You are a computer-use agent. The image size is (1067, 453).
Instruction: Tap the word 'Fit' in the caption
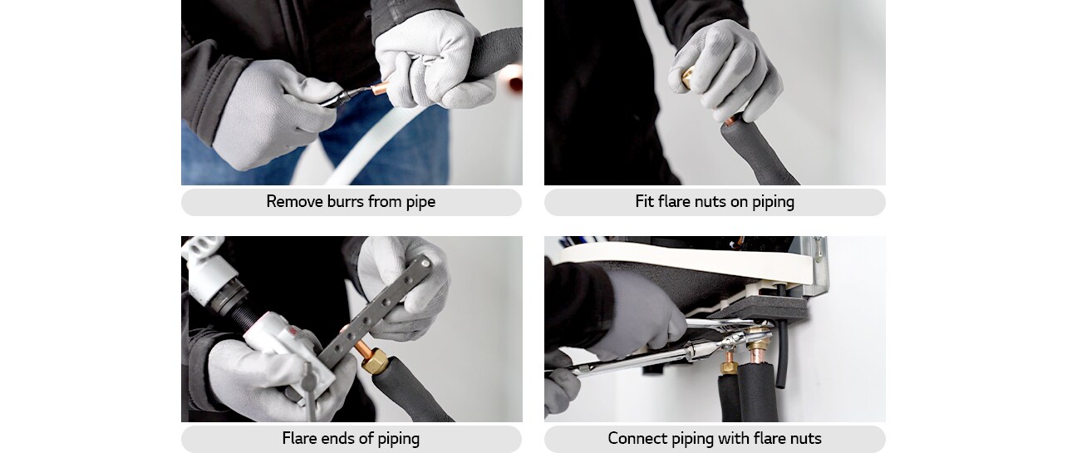(645, 202)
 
